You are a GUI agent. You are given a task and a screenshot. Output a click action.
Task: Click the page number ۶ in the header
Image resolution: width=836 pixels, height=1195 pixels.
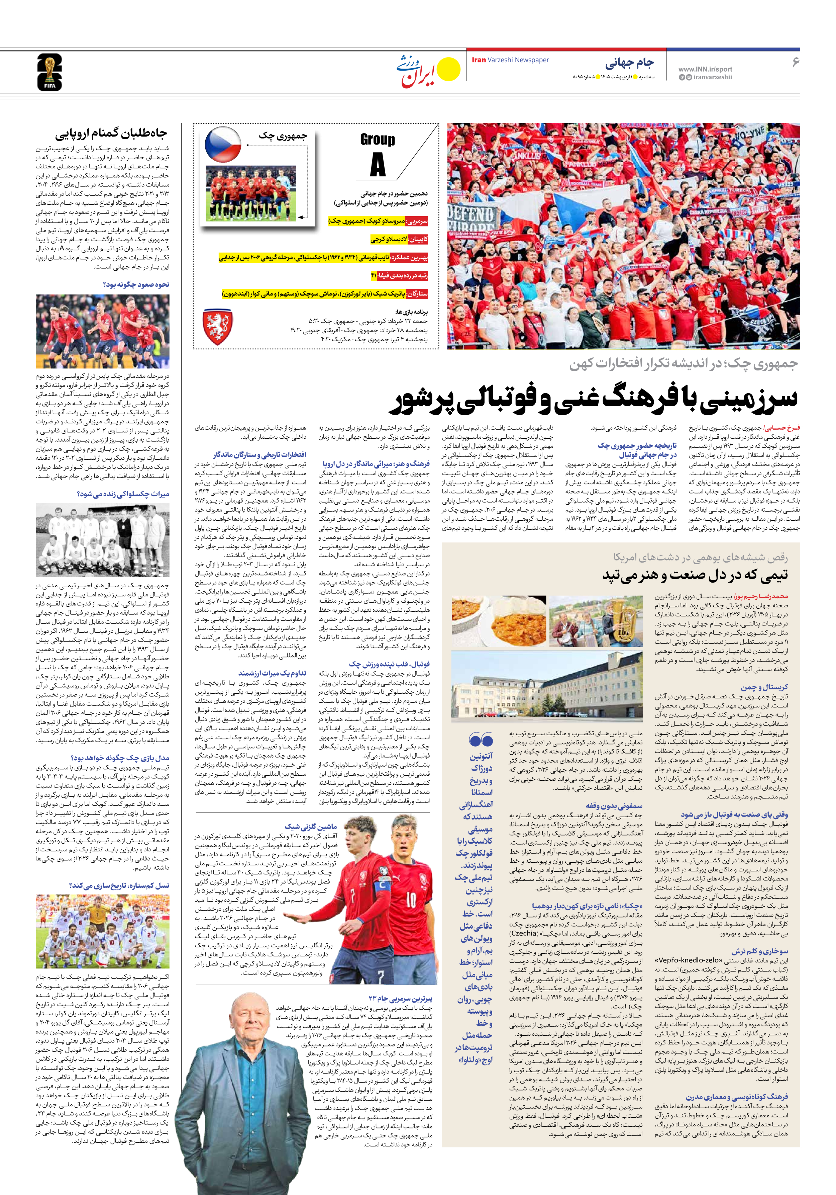tap(795, 62)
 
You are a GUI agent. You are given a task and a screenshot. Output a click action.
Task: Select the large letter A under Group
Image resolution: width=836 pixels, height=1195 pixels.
tap(378, 166)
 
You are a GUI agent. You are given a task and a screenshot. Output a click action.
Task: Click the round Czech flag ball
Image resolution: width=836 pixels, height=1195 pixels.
tap(223, 144)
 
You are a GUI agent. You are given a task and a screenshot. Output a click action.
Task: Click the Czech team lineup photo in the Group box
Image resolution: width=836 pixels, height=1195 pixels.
tap(251, 194)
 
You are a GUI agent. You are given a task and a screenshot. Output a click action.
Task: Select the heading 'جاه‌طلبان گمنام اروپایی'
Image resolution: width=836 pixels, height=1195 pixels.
tap(111, 134)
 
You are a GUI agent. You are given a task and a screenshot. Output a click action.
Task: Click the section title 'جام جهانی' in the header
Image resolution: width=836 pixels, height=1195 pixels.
tap(629, 63)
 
